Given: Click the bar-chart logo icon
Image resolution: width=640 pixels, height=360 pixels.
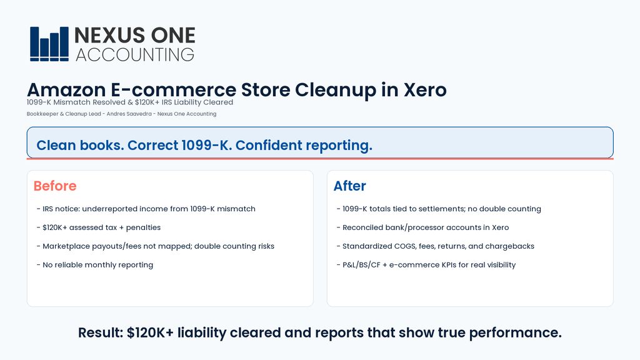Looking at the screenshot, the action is point(49,44).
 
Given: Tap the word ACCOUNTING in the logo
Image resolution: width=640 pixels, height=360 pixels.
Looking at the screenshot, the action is point(135,55).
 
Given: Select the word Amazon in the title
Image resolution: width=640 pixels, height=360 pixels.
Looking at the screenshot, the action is point(66,90).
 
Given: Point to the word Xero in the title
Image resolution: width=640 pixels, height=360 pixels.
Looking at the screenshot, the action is point(425,90).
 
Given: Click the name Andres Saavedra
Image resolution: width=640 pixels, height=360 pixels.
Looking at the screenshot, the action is point(129,114).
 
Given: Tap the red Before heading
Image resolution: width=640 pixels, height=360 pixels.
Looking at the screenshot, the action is point(55,186).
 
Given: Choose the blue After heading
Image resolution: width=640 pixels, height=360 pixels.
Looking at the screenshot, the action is point(350,186).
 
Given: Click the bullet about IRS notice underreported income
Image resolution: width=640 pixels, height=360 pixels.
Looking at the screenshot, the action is point(146,209).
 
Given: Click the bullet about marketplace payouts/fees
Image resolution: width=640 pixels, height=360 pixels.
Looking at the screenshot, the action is point(156,246).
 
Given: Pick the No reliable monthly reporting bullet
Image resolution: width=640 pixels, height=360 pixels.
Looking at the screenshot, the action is point(95,265).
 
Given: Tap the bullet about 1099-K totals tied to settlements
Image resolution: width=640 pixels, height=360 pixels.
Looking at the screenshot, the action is point(439,209).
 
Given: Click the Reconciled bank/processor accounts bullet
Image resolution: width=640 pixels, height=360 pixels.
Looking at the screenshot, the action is point(423,227).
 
